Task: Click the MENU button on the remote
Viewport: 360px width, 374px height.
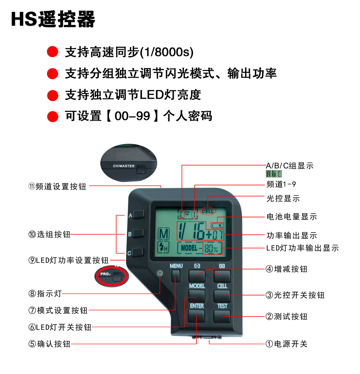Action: pos(175,276)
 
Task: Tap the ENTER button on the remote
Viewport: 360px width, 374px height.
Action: pos(196,316)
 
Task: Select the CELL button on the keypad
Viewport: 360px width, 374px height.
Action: pos(222,296)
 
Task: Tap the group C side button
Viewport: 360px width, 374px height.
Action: pos(137,252)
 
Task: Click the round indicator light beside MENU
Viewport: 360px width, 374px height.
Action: pos(160,273)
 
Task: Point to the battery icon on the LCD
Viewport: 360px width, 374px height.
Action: pos(217,225)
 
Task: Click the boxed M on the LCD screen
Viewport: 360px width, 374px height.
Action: pos(163,234)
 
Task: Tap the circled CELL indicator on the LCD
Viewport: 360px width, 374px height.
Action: pos(208,211)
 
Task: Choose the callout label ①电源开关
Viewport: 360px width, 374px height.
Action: pos(286,344)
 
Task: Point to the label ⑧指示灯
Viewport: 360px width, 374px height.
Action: pos(45,294)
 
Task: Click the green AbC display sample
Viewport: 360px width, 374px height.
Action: pos(274,174)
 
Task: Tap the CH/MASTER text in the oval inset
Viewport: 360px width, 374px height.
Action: pos(124,166)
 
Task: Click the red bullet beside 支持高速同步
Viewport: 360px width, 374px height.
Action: pos(52,52)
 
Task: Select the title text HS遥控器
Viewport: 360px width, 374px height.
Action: pos(53,19)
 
